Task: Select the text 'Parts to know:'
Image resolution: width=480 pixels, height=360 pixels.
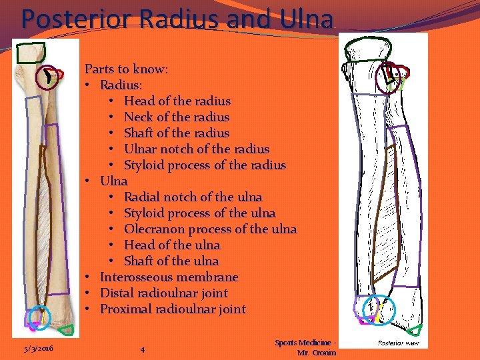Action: [x=126, y=69]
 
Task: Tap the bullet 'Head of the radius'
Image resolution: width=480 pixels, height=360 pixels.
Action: [x=177, y=101]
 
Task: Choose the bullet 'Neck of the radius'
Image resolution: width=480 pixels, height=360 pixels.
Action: [x=177, y=117]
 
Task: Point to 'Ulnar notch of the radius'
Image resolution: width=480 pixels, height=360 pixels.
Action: [x=197, y=149]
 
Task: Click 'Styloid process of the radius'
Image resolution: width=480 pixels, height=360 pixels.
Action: [x=205, y=165]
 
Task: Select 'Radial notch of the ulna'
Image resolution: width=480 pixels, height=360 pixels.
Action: [x=193, y=197]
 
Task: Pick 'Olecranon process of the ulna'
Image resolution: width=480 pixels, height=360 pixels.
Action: [x=211, y=229]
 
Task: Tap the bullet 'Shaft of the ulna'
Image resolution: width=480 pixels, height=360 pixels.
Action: [x=171, y=261]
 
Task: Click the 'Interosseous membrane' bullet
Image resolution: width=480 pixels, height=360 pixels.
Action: [x=169, y=277]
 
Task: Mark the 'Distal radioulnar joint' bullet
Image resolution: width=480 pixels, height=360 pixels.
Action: [x=164, y=293]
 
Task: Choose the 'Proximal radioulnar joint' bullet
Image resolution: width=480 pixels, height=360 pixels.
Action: [x=173, y=309]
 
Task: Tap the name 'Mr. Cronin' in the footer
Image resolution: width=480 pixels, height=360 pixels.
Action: [x=317, y=353]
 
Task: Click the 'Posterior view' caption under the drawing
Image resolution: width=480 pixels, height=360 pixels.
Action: [x=398, y=343]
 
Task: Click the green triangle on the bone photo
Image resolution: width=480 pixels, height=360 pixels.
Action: [x=66, y=329]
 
